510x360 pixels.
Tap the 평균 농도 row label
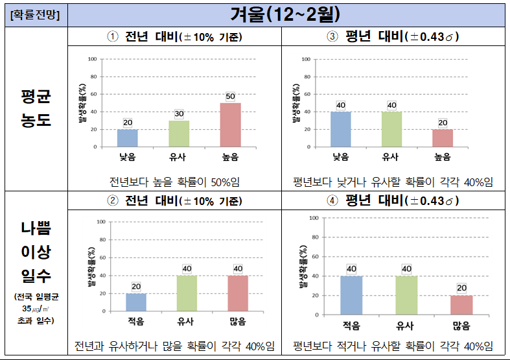coord(36,109)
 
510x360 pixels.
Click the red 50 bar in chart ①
coord(230,125)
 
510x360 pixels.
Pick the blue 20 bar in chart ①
coord(128,138)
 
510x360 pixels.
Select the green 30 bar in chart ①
coord(179,134)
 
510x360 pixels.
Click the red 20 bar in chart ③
coord(443,138)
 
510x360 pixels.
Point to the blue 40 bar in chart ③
coord(340,129)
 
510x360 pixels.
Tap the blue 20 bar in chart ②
coord(136,302)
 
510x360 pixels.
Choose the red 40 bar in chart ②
coord(238,293)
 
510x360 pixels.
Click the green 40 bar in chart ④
coord(406,295)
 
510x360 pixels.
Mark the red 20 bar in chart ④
coord(461,305)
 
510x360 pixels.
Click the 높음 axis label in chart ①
coord(230,156)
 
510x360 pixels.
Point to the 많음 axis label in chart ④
coord(461,326)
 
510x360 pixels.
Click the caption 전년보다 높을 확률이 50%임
coord(176,181)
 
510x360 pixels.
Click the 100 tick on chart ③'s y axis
coord(307,59)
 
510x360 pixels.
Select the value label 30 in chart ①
coord(179,114)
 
